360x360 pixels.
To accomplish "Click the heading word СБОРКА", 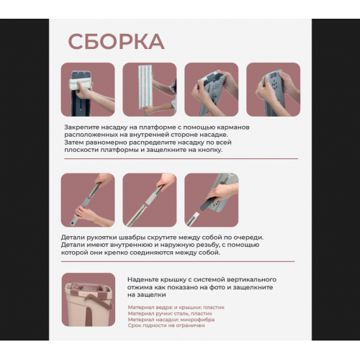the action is (x=117, y=42).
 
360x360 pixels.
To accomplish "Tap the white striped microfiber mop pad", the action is (x=146, y=87).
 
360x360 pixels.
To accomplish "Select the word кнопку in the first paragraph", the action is (x=210, y=150).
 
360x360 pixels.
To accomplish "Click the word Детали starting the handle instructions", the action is (x=73, y=238).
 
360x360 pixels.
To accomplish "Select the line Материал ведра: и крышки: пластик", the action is (x=176, y=307).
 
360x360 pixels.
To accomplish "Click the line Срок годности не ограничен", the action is (x=166, y=325).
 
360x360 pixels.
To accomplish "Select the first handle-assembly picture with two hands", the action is (x=88, y=200).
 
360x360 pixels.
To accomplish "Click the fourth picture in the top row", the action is (x=274, y=89).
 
